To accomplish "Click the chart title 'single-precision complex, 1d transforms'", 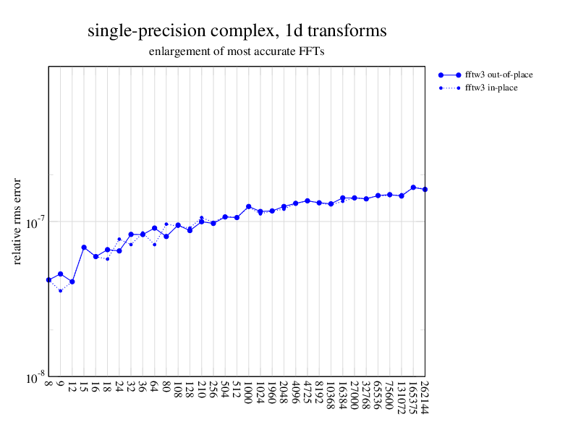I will pos(237,31).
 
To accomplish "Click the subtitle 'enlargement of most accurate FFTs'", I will pos(237,52).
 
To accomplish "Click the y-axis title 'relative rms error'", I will pos(17,221).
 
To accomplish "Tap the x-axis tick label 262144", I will pos(425,400).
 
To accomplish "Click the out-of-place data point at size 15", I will pos(84,248).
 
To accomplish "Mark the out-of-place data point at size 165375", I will pos(413,187).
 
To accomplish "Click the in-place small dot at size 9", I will pos(61,291).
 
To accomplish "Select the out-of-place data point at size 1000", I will pos(248,206).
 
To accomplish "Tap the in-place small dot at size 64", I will pos(154,245).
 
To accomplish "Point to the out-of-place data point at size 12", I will pos(72,282).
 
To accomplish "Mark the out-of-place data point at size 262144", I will pos(425,190).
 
